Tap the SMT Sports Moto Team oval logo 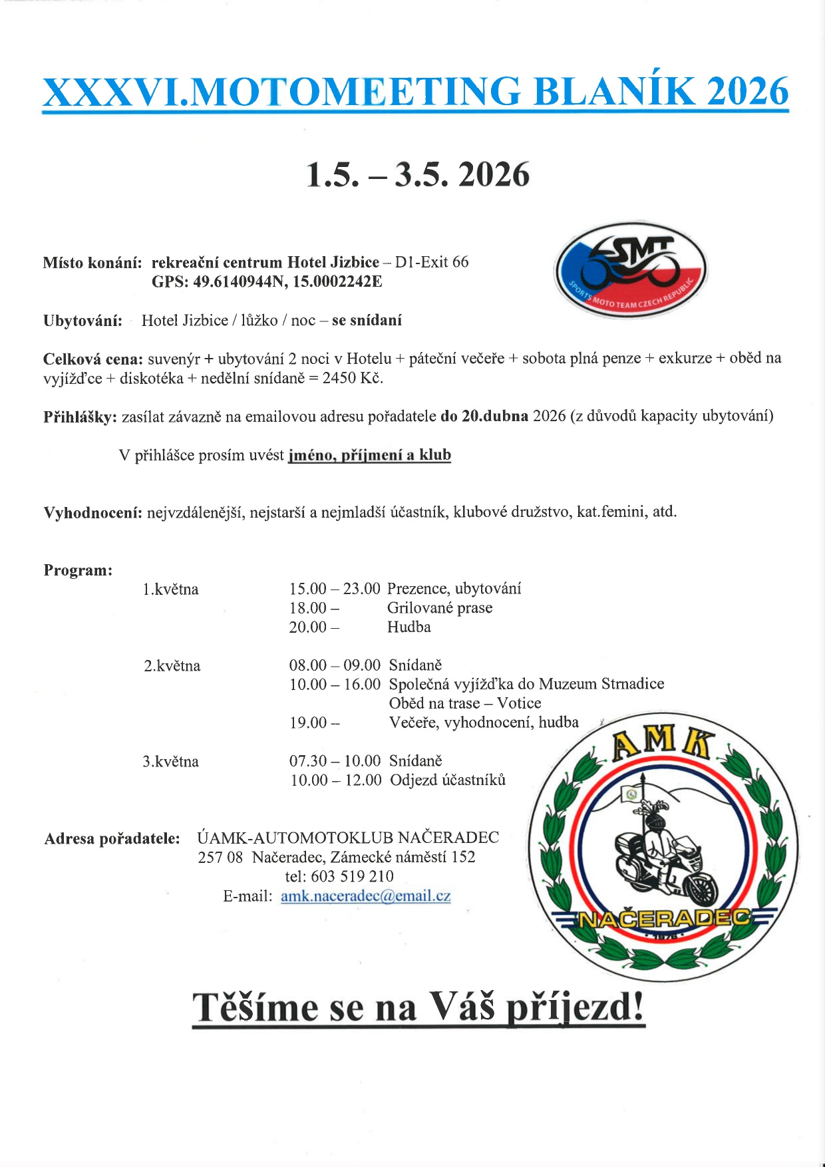tap(631, 269)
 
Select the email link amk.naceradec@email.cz tap(365, 896)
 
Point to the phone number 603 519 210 tap(352, 876)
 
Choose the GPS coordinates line tap(267, 281)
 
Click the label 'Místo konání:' tap(92, 263)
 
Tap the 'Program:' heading tap(78, 570)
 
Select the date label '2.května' tap(172, 665)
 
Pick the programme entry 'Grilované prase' tap(440, 608)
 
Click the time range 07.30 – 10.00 tap(335, 760)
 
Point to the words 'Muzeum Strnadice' tap(601, 684)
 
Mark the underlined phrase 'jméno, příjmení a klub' tap(369, 456)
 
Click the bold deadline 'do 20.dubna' tap(484, 417)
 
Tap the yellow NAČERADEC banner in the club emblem tap(664, 919)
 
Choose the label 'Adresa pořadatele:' tap(112, 838)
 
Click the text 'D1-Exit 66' tap(432, 262)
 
